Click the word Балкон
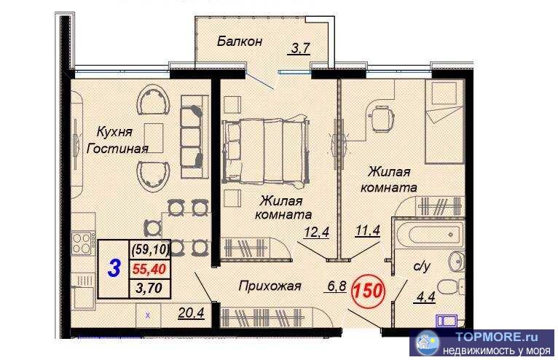point(239,42)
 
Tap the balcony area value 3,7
point(301,50)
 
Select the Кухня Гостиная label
point(117,140)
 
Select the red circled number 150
point(368,290)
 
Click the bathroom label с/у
point(423,267)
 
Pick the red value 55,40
point(149,268)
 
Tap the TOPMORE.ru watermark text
point(490,337)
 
